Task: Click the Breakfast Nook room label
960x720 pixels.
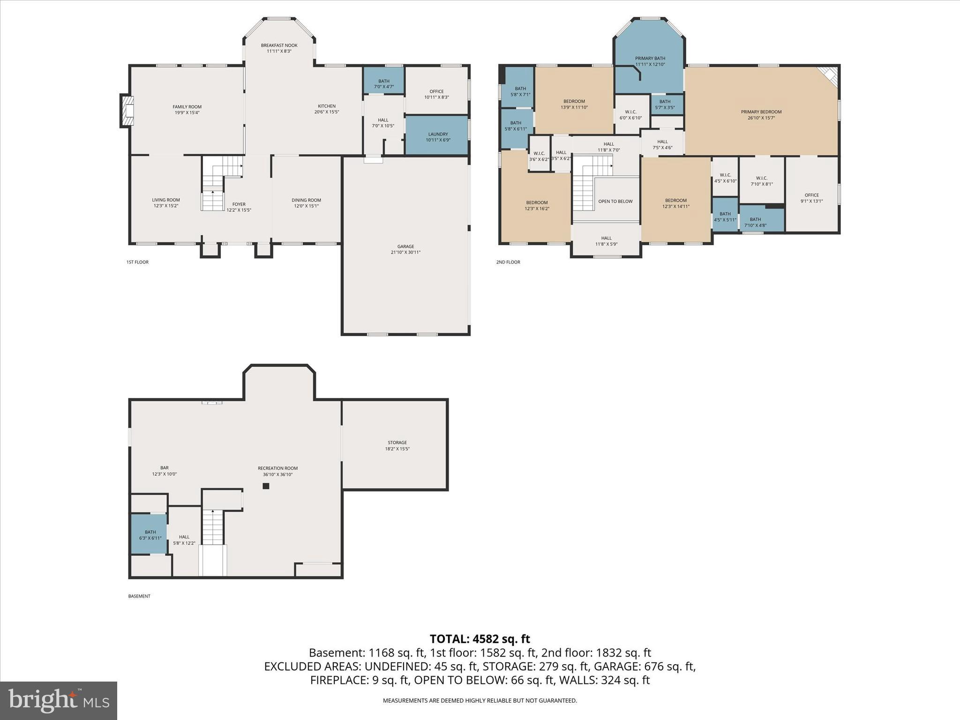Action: coord(279,45)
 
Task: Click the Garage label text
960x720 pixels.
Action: coord(405,247)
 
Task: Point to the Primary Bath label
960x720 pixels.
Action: coord(650,58)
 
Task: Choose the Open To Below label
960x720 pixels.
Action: coord(615,202)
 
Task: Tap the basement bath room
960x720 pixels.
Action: coord(150,535)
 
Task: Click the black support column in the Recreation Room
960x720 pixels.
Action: coord(266,486)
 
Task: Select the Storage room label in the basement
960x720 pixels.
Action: coord(397,442)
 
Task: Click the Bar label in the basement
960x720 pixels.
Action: coord(164,468)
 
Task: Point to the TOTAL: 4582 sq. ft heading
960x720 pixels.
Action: coord(480,639)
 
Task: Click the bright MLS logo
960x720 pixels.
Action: coord(59,700)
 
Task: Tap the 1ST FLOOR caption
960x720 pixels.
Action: coord(137,262)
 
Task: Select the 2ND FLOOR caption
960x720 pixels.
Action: coord(508,262)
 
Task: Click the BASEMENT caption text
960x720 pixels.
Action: coord(139,596)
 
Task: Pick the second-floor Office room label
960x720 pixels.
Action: coord(811,195)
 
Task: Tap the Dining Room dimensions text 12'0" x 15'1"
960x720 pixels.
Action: coord(306,206)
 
